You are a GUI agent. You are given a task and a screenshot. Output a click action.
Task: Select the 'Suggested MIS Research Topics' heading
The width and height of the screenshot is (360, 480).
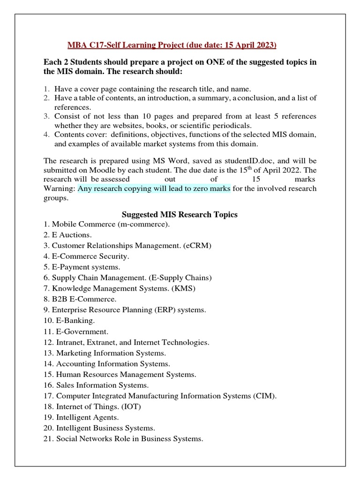[x=180, y=214]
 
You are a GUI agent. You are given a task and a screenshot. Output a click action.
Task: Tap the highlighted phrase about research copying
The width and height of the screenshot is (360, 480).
[x=154, y=188]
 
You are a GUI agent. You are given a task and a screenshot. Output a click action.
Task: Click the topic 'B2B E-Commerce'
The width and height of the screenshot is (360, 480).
[x=80, y=299]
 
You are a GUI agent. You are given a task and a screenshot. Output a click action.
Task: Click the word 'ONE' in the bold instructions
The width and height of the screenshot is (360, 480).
[x=214, y=63]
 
